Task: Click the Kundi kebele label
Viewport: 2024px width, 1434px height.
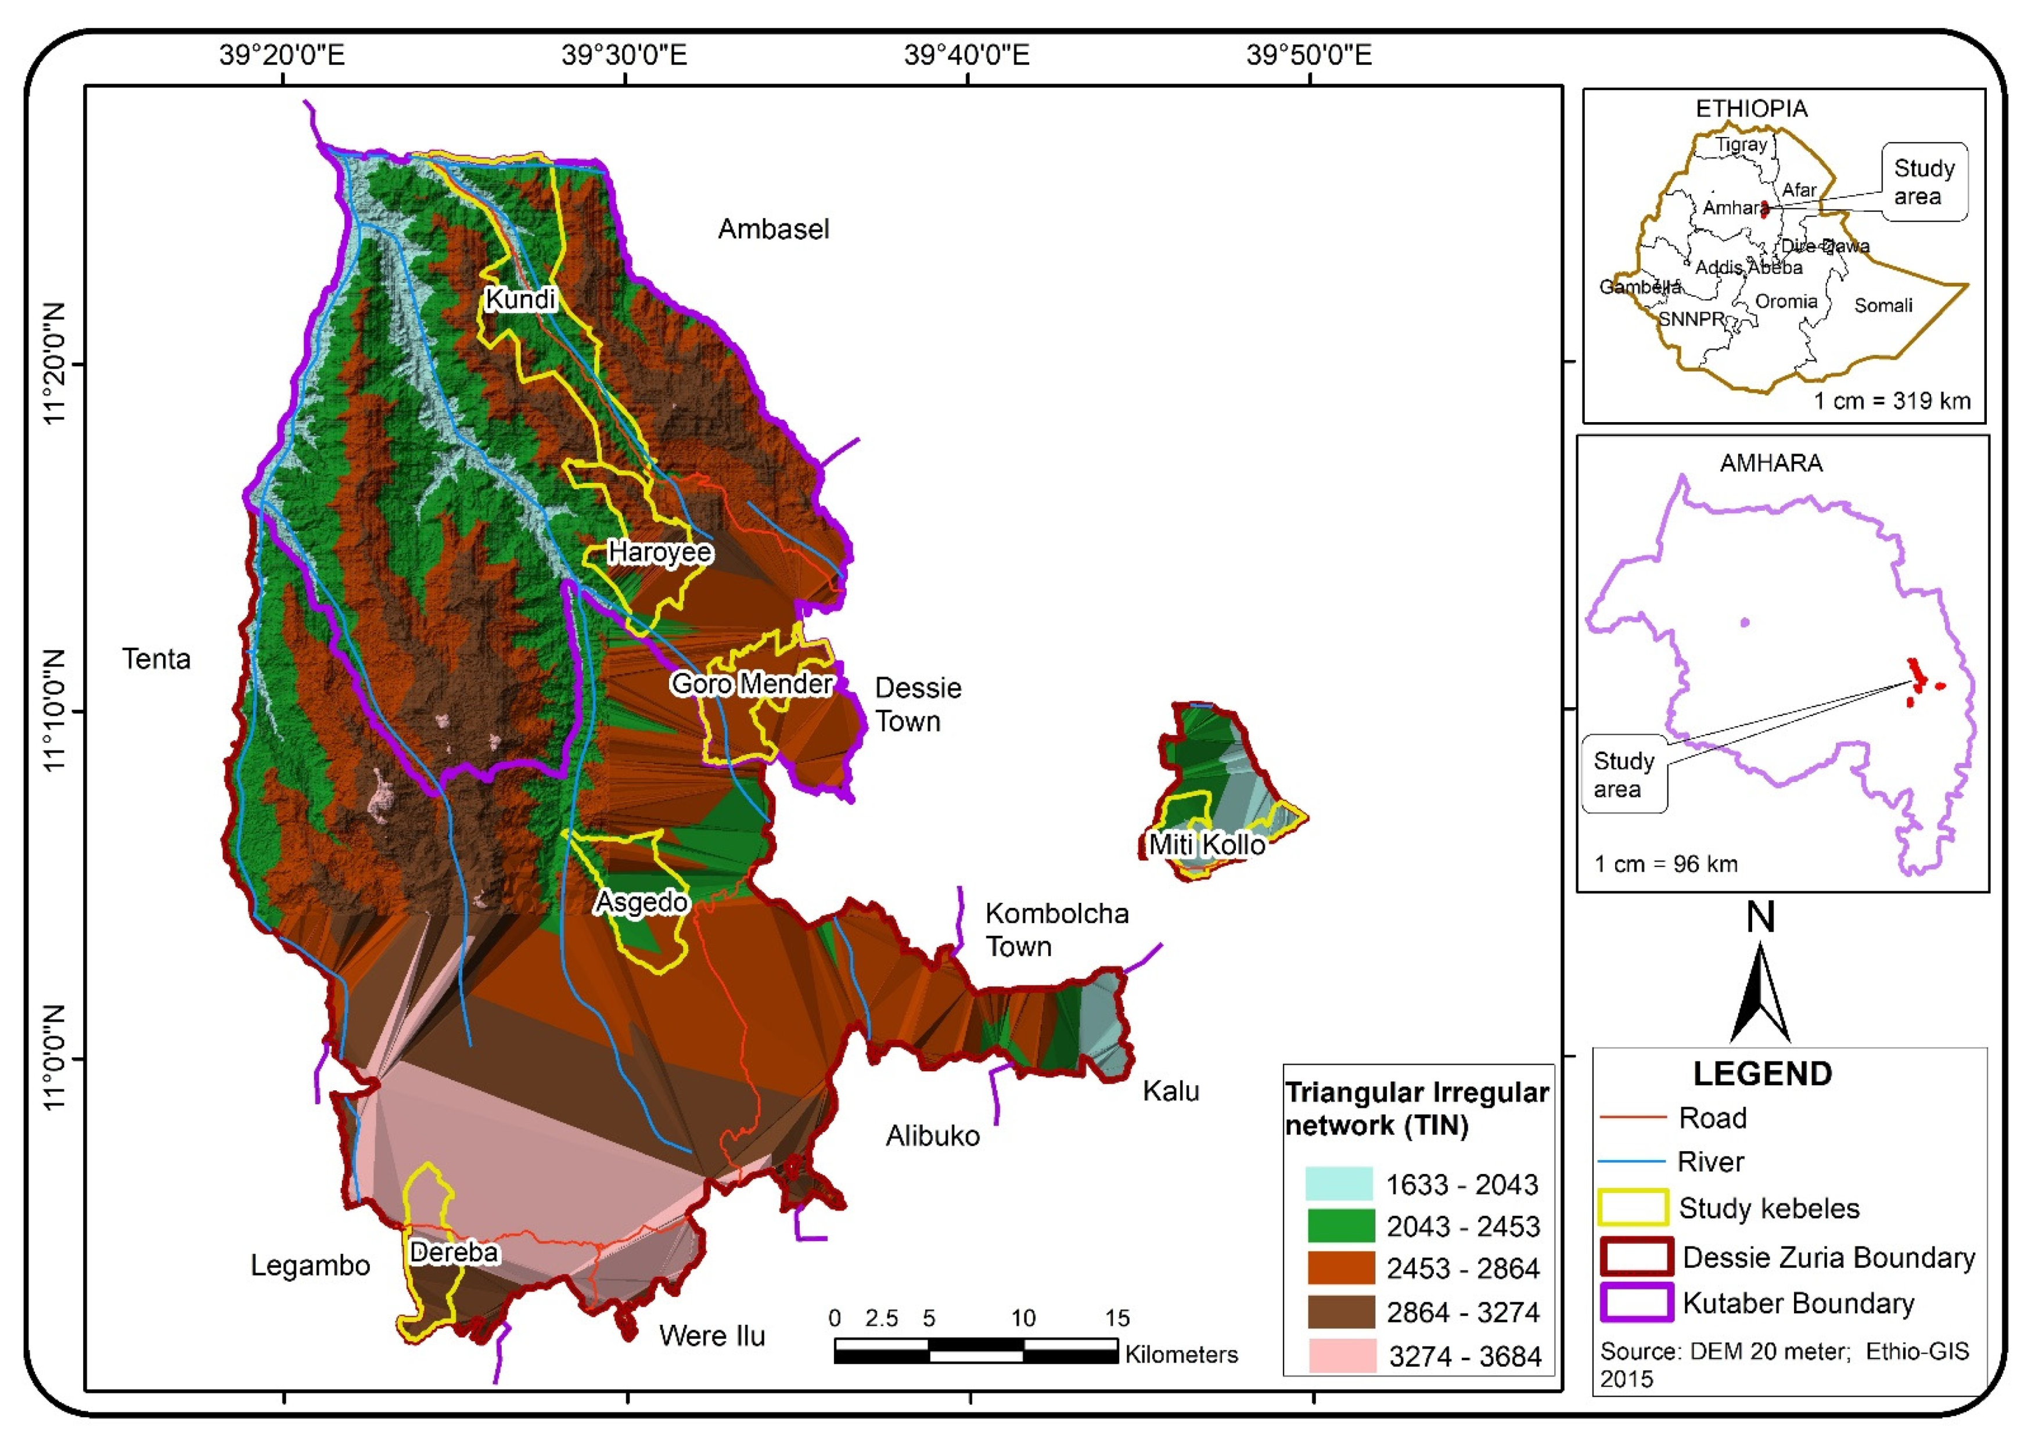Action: click(520, 300)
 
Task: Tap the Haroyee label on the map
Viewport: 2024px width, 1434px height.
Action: click(660, 552)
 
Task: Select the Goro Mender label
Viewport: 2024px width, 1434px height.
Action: click(752, 683)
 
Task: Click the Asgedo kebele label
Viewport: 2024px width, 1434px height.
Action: click(641, 902)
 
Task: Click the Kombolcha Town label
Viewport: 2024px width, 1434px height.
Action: click(1056, 929)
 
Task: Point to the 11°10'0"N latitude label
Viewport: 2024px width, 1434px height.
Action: click(55, 710)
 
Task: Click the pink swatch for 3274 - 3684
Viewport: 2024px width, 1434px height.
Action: click(1340, 1356)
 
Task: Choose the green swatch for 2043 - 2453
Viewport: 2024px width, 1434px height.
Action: click(1340, 1226)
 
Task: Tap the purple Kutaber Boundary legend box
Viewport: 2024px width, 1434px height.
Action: click(1636, 1302)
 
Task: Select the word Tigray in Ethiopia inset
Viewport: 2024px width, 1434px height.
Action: click(1741, 145)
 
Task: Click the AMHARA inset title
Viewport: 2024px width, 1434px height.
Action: click(1771, 463)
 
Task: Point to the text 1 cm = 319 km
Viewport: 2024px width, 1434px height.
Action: click(1892, 401)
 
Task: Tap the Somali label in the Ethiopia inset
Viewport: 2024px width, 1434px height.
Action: click(1883, 305)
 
